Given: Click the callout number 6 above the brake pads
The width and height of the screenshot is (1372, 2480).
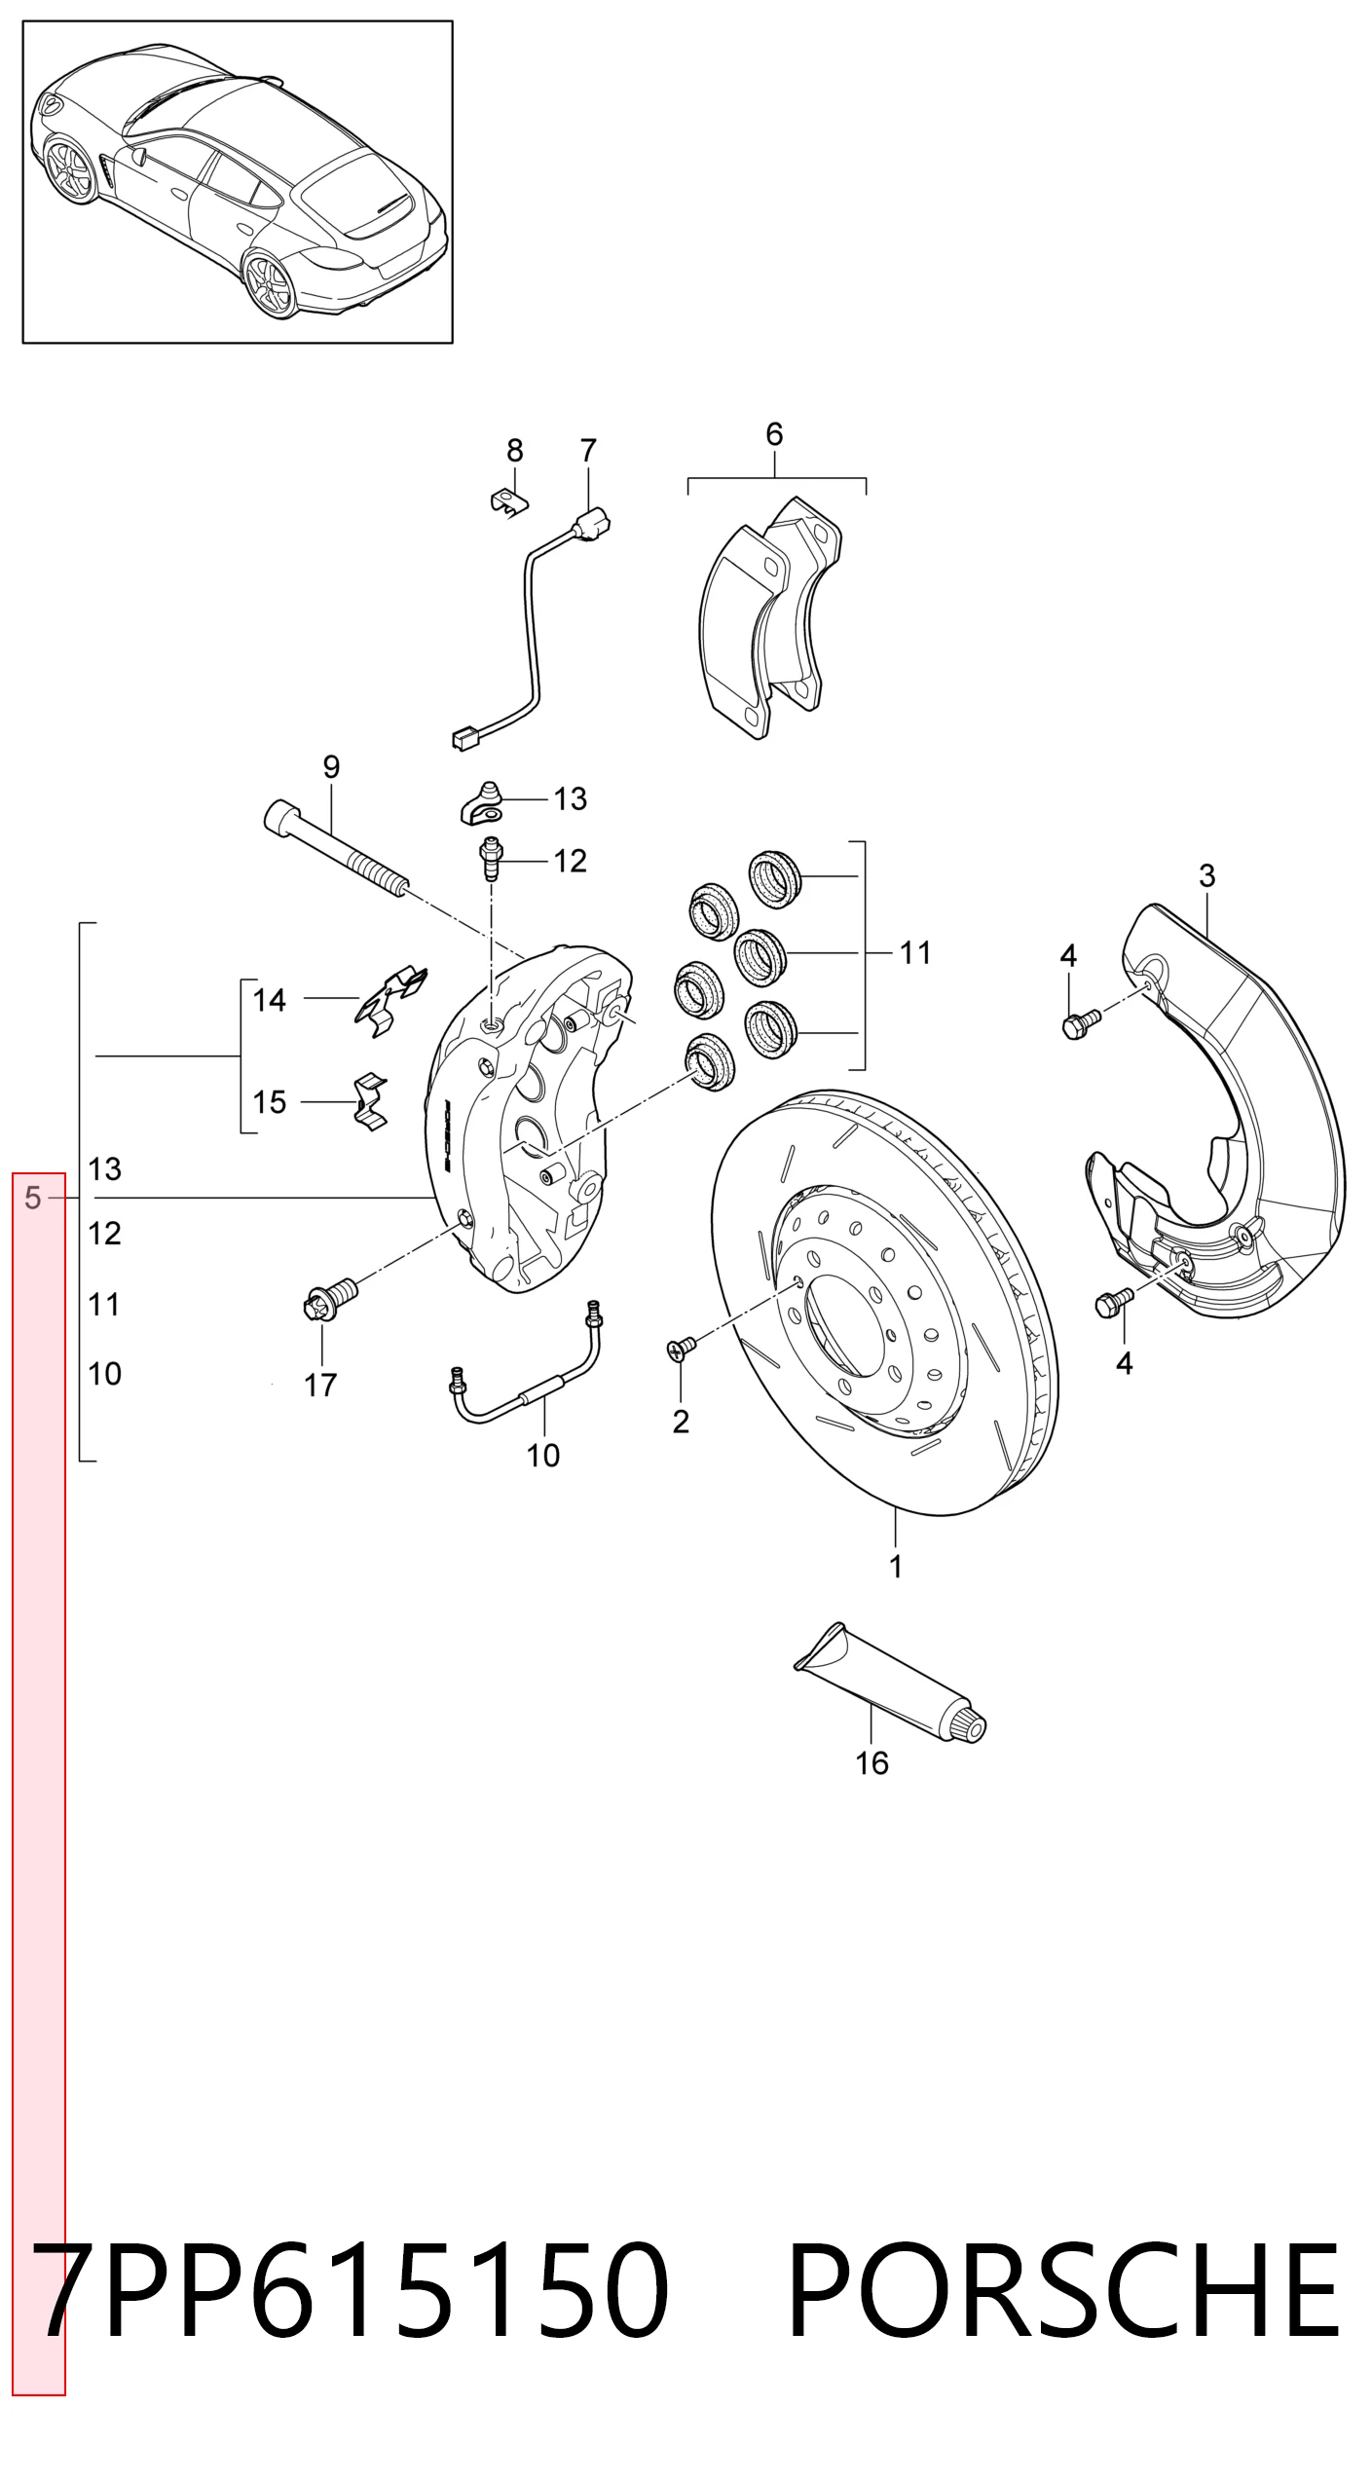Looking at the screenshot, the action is click(x=774, y=434).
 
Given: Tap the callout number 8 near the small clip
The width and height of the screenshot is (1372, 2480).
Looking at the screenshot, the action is click(x=515, y=451).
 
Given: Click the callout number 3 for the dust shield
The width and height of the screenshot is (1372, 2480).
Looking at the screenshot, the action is click(x=1207, y=876).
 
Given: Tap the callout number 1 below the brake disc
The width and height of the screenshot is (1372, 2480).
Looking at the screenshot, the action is click(x=896, y=1567).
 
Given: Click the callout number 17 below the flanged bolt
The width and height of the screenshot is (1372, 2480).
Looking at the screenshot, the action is click(x=320, y=1385).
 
